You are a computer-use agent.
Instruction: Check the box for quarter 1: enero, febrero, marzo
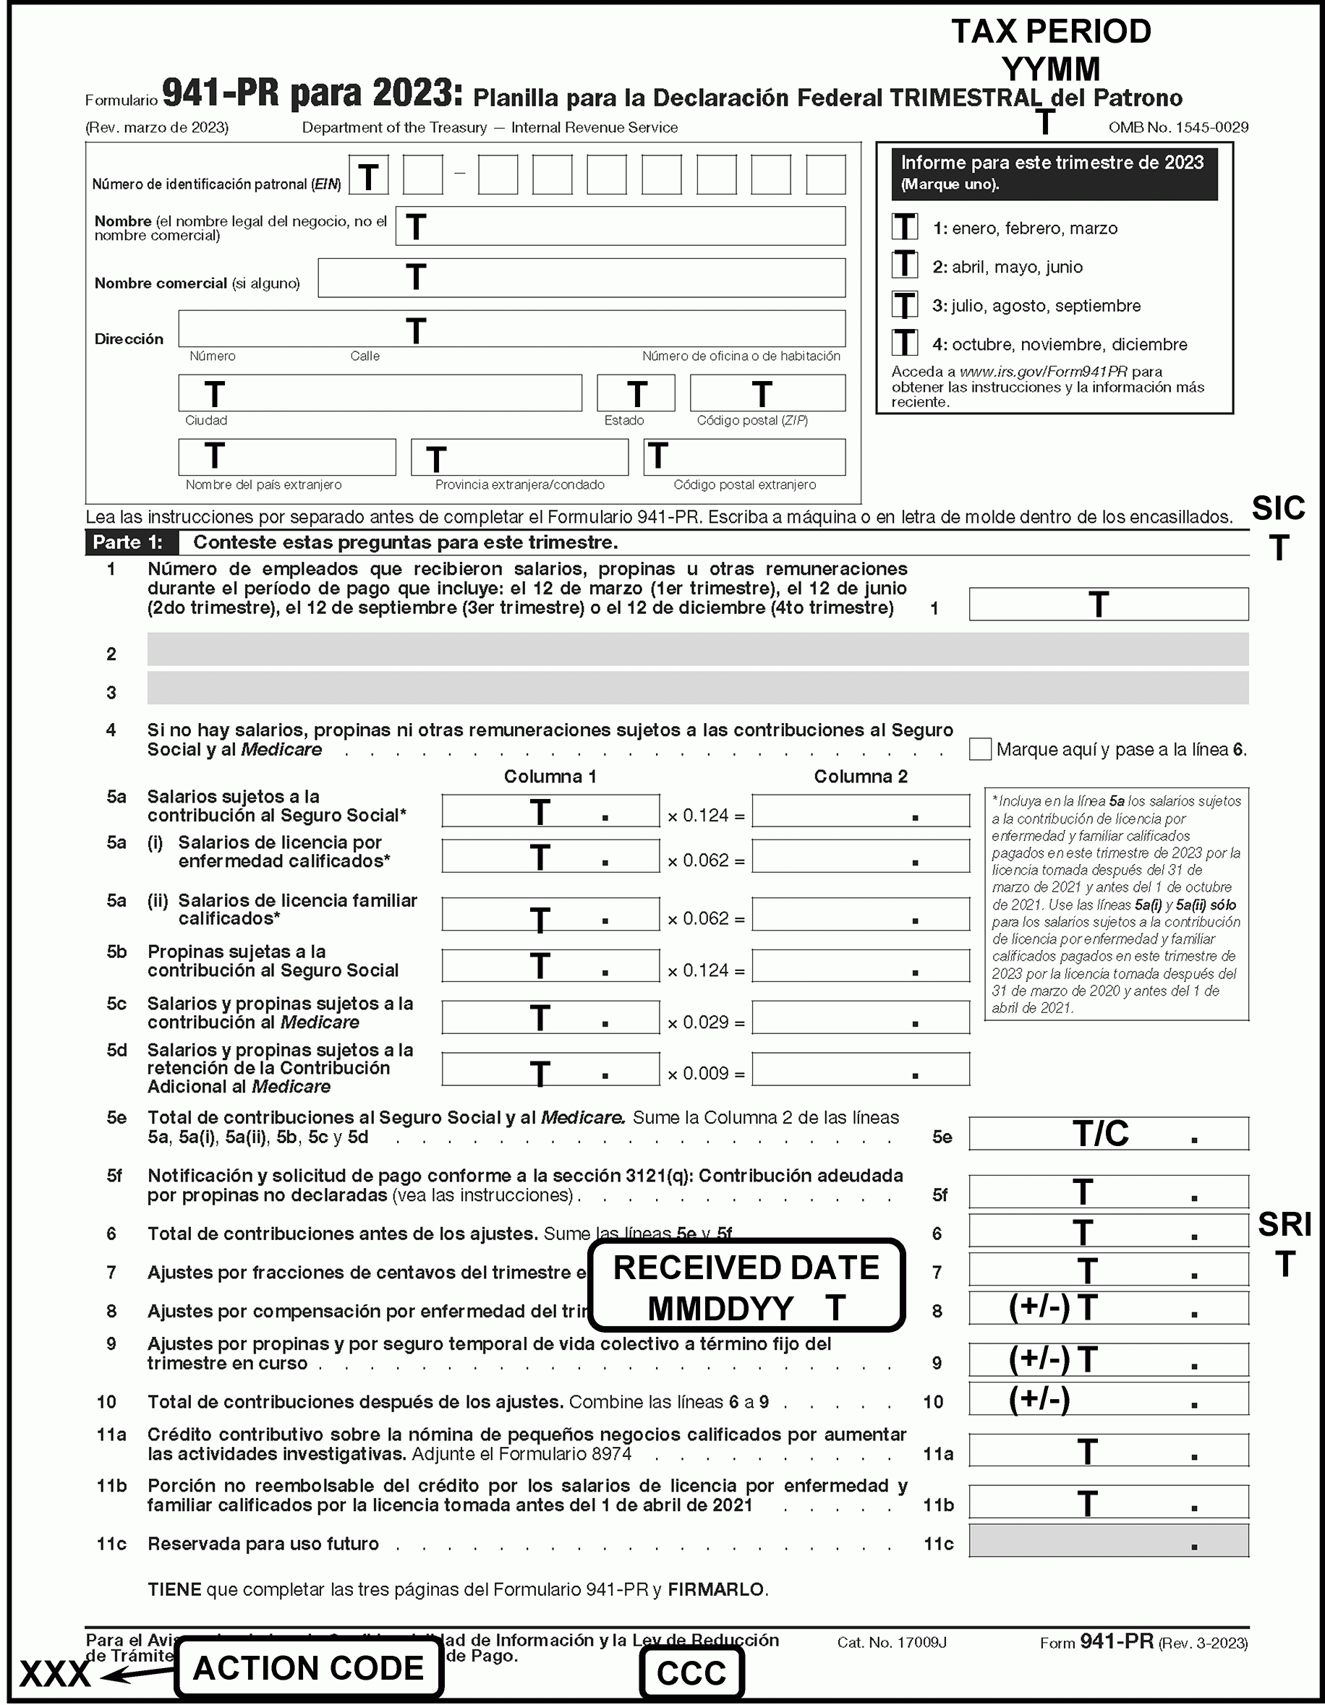(x=905, y=227)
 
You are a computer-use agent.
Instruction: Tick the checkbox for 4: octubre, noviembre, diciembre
(x=905, y=343)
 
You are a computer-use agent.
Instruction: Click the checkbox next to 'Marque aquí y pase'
(x=980, y=748)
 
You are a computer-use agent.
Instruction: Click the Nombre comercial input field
(x=581, y=278)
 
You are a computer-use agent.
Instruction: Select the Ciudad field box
(x=380, y=393)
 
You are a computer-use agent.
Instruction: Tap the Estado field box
(x=636, y=393)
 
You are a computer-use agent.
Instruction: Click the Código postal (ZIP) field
(x=767, y=393)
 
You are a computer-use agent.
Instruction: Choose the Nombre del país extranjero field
(x=286, y=457)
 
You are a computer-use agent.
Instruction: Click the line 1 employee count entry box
(x=1108, y=604)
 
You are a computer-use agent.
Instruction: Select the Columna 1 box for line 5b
(x=550, y=966)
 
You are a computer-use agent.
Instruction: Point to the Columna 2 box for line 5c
(x=861, y=1018)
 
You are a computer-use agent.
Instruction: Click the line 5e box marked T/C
(x=1108, y=1134)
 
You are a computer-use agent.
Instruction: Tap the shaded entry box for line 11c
(x=1108, y=1541)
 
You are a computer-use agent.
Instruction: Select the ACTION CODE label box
(x=308, y=1668)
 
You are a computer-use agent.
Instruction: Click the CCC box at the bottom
(x=691, y=1673)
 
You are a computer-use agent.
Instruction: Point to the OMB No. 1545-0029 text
(x=1177, y=127)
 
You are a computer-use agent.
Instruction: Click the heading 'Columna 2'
(x=861, y=777)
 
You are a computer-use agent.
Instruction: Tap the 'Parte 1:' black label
(x=129, y=542)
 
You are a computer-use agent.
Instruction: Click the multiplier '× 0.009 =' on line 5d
(x=706, y=1074)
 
